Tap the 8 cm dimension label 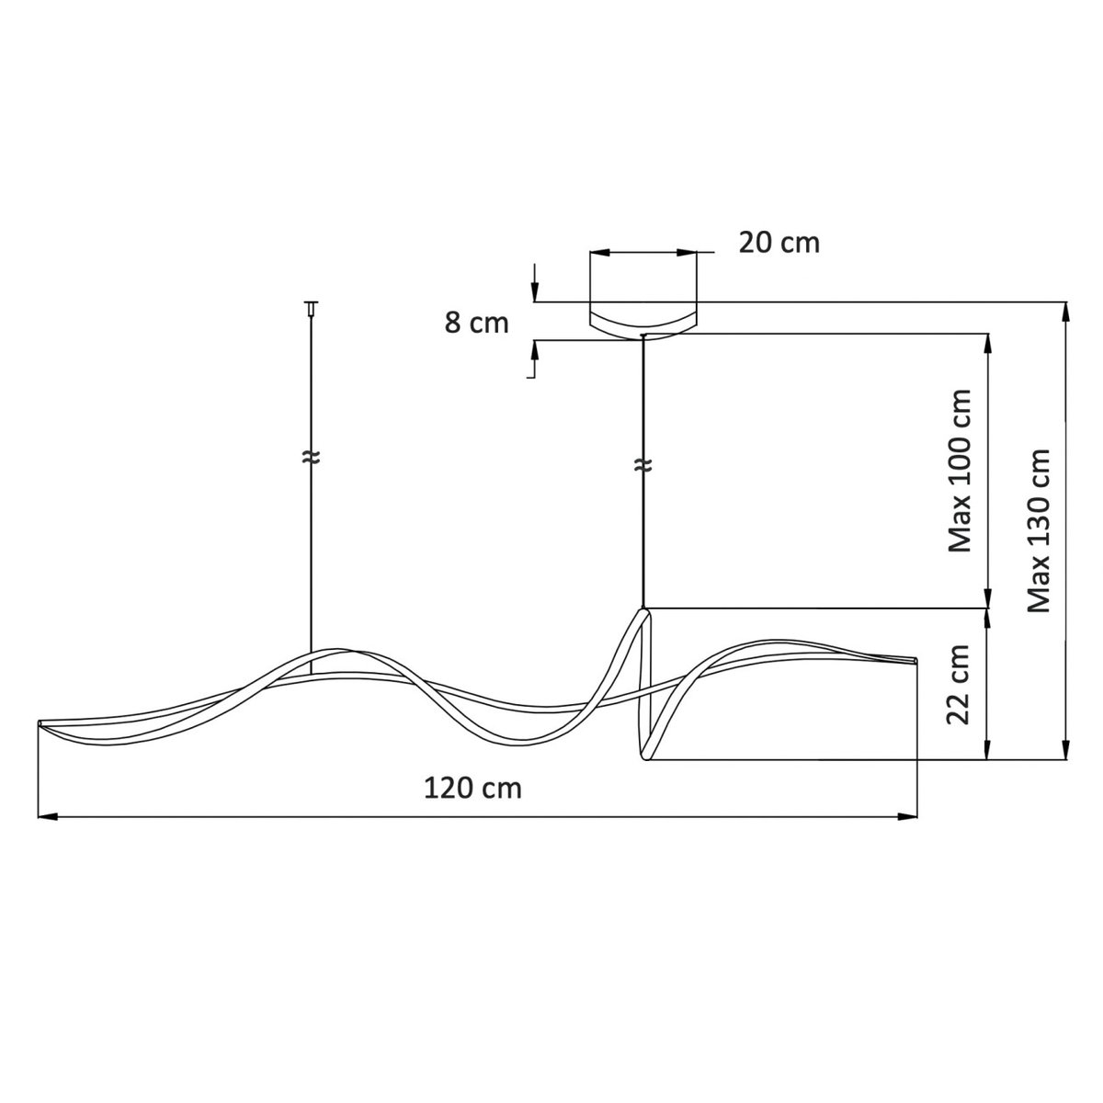(476, 323)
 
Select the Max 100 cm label (960, 471)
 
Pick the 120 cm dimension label (472, 789)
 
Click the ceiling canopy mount (643, 324)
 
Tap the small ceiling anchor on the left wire (311, 307)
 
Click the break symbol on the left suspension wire (311, 457)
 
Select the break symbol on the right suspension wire (643, 465)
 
